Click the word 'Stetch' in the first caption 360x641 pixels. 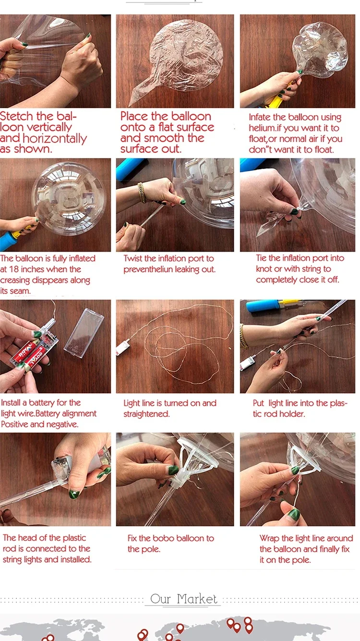coord(16,116)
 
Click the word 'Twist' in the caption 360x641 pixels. coord(133,258)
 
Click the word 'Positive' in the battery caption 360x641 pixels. coord(14,424)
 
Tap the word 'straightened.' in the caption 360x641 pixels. coord(146,414)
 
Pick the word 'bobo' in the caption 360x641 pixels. coord(164,538)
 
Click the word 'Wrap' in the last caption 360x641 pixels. coord(269,539)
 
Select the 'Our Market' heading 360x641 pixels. coord(183,599)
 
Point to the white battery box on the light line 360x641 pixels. coord(122,346)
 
